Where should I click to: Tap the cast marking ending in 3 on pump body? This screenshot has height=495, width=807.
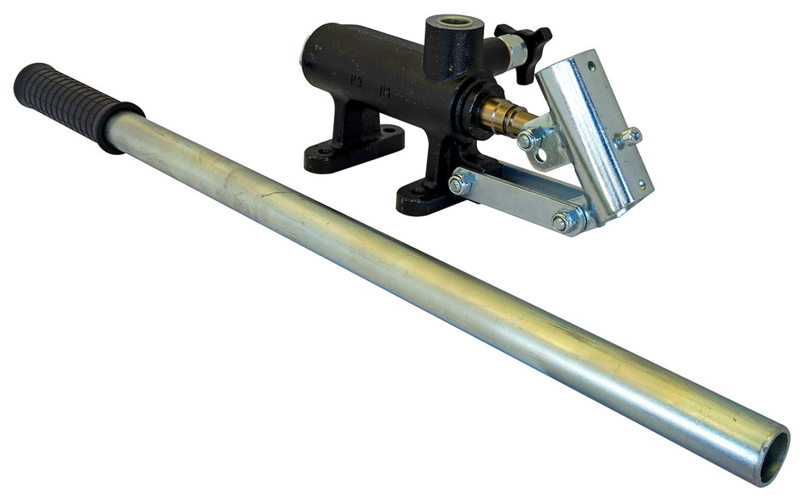[354, 81]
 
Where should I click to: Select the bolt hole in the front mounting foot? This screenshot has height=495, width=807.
[414, 194]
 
